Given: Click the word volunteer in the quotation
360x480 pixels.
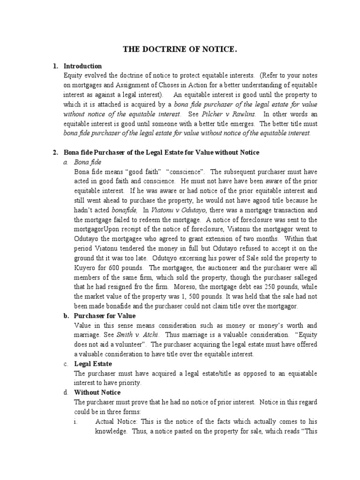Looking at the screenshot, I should (x=115, y=345).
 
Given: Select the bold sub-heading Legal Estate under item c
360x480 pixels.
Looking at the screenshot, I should (x=93, y=364).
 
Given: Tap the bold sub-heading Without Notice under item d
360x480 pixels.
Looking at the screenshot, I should (x=97, y=392).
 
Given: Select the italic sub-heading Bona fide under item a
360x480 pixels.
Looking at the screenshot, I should (x=88, y=162).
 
